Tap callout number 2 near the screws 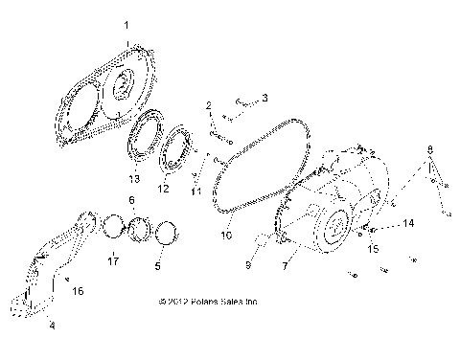point(208,103)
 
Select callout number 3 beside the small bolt point(265,98)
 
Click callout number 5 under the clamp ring point(157,266)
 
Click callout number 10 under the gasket point(227,233)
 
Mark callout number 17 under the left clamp point(112,260)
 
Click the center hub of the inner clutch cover point(123,88)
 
